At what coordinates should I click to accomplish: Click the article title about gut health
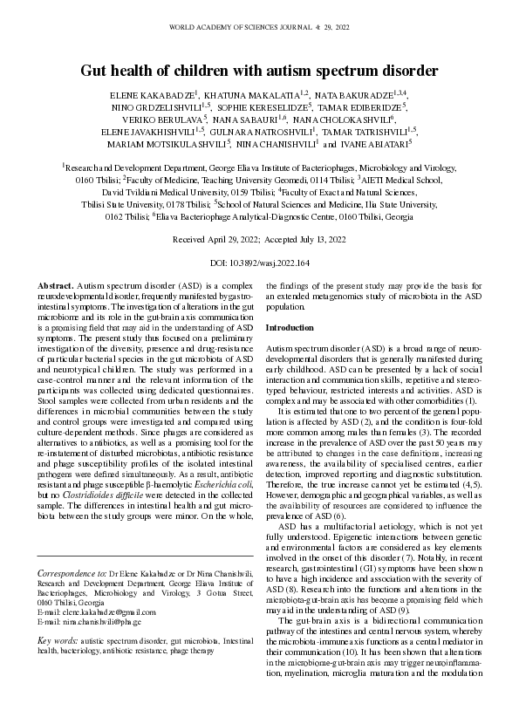pos(259,69)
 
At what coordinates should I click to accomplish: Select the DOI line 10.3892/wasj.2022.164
pos(259,262)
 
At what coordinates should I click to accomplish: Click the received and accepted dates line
pos(259,238)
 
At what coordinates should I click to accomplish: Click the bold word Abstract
pos(56,286)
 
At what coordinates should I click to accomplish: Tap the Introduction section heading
pos(290,327)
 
